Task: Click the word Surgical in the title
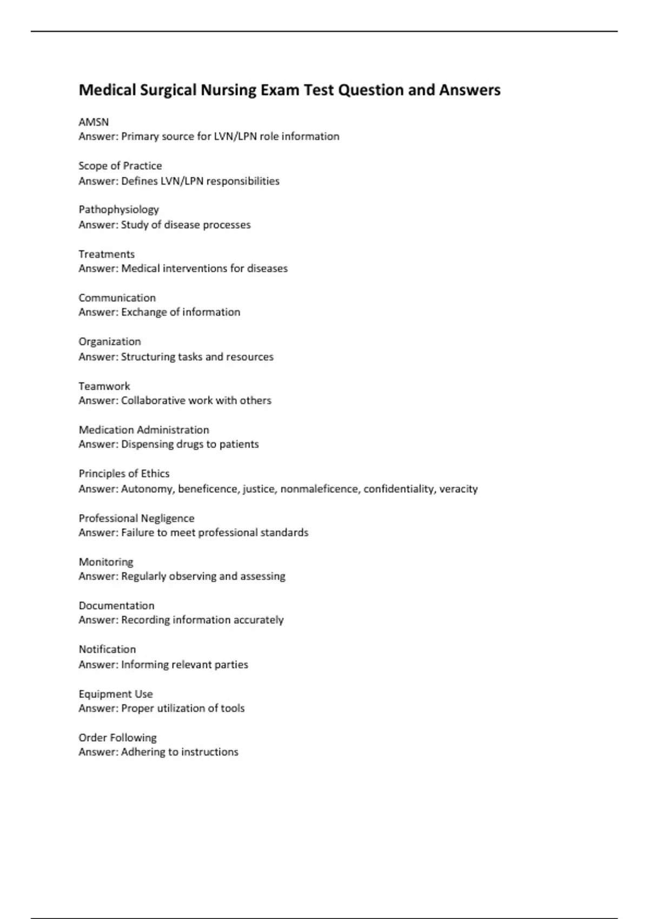point(168,90)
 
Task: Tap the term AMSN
point(94,122)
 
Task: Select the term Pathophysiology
point(118,209)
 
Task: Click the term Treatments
point(107,254)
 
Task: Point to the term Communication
point(117,298)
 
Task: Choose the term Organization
point(110,342)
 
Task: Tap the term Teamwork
point(104,386)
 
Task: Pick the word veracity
point(458,489)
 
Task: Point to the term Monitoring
point(106,562)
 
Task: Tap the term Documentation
point(116,605)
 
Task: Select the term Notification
point(107,649)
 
